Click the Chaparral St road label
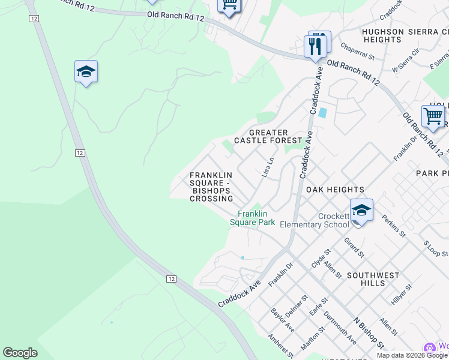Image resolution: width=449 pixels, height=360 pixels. click(x=357, y=52)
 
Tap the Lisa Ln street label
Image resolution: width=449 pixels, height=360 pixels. click(x=268, y=167)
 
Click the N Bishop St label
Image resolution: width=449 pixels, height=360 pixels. click(x=369, y=332)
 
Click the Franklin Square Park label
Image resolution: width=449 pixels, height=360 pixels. click(x=253, y=218)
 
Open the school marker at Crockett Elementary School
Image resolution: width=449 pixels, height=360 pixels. click(x=361, y=211)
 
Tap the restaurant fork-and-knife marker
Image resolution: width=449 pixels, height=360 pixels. click(x=315, y=45)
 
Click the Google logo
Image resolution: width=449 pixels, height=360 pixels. click(x=20, y=353)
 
